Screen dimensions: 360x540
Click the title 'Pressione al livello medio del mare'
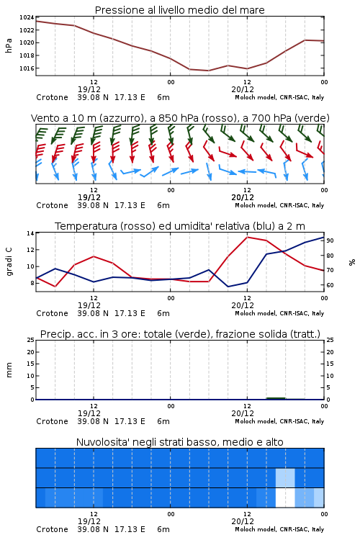point(179,10)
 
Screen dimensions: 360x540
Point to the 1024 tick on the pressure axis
point(27,17)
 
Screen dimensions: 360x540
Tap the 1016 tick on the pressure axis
point(27,68)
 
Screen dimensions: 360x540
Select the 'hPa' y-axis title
point(9,45)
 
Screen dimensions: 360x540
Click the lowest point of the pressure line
point(208,71)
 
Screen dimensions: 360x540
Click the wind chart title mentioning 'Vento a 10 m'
point(180,118)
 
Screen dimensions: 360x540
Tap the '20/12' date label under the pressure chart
point(243,89)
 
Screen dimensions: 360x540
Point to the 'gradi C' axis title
point(9,262)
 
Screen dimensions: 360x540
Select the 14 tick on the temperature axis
point(30,233)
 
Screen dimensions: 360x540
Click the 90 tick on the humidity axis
point(330,240)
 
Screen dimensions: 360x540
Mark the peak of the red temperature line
point(248,237)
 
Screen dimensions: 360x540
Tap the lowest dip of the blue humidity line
point(228,287)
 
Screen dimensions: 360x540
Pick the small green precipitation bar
point(276,398)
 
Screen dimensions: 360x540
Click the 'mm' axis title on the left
point(9,370)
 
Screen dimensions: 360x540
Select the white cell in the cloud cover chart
point(285,498)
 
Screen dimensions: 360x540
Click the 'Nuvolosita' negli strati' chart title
point(180,442)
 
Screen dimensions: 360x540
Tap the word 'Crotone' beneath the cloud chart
point(52,529)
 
